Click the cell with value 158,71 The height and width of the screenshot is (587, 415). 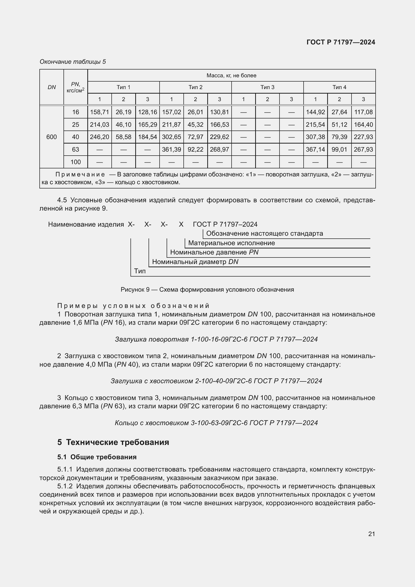[x=99, y=112]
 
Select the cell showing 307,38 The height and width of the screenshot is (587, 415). [x=315, y=137]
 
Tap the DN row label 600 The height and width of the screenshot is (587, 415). [x=51, y=137]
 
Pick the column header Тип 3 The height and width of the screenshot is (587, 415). [x=267, y=87]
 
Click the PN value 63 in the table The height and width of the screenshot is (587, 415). [x=75, y=149]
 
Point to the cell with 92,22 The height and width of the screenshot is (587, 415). [x=195, y=149]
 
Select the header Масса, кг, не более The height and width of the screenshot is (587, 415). [x=231, y=76]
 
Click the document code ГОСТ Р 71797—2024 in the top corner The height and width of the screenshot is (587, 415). [x=341, y=42]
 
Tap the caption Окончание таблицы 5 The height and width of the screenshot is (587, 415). [x=73, y=62]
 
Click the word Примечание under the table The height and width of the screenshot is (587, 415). [x=80, y=174]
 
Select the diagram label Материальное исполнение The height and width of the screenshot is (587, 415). [x=231, y=243]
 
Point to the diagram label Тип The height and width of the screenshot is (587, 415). [x=140, y=271]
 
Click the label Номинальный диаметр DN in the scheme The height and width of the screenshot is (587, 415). [x=195, y=262]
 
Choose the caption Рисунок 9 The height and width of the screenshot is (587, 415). [x=207, y=290]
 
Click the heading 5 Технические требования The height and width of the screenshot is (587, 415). [x=113, y=442]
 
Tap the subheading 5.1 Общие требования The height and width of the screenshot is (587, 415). [x=97, y=457]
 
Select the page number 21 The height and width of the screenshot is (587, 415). [x=371, y=534]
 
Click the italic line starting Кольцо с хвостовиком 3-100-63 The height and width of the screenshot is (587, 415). [x=216, y=423]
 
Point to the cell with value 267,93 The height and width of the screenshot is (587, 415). [x=363, y=149]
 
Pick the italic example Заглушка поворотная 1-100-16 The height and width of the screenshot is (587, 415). [x=216, y=339]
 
